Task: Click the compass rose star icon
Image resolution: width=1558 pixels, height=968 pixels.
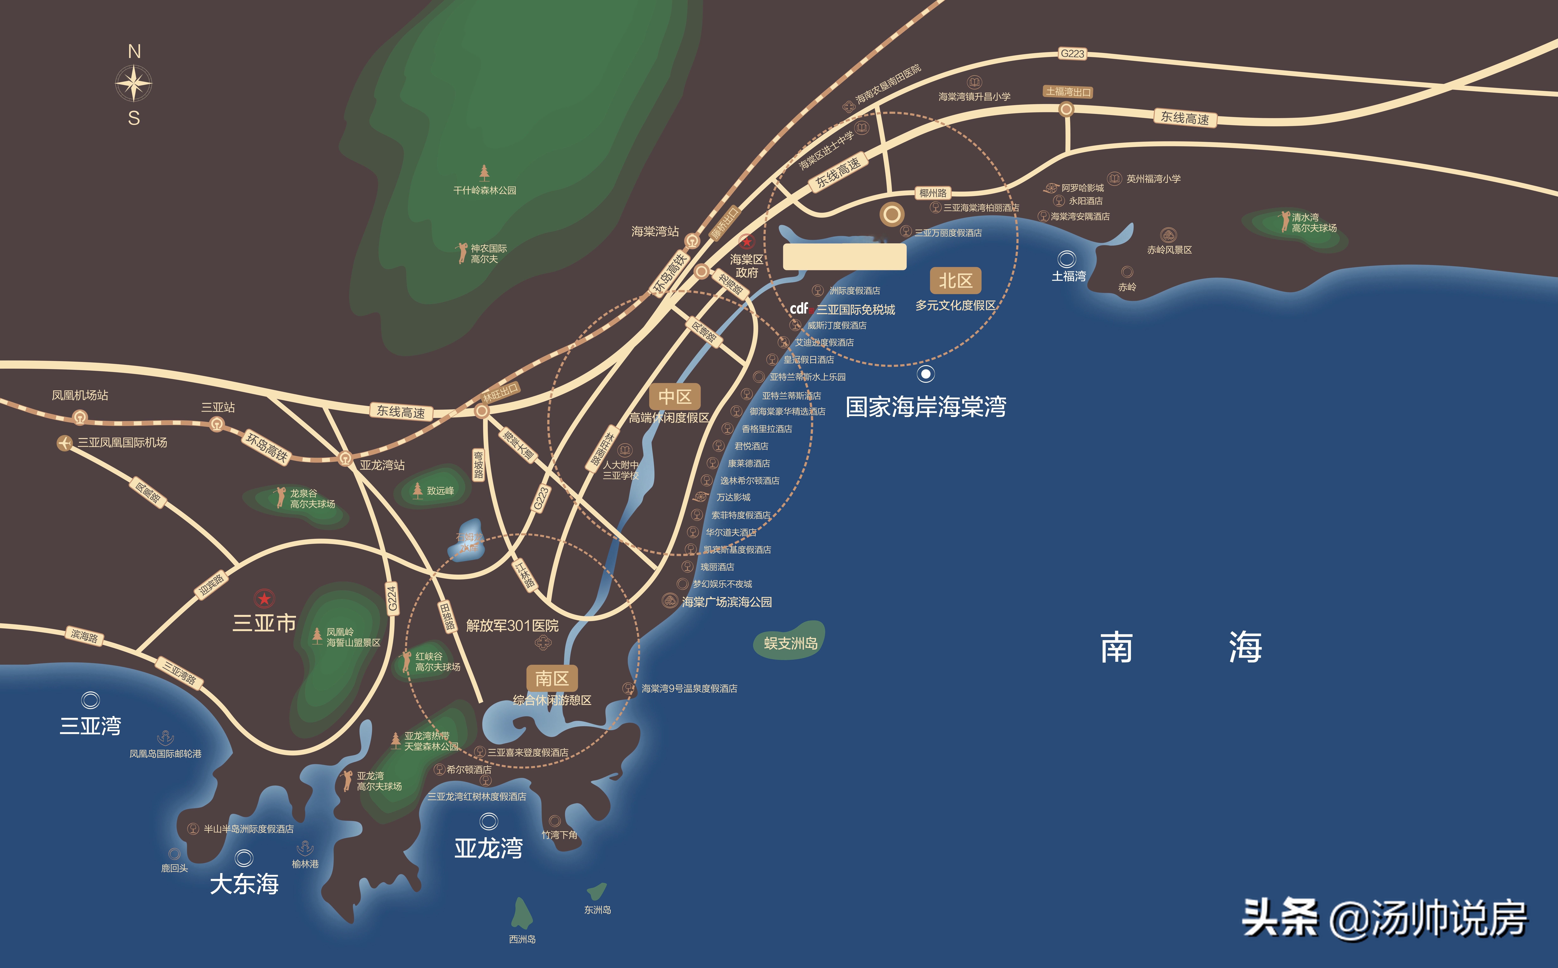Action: (x=134, y=84)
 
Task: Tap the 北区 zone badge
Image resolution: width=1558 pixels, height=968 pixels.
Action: (x=955, y=280)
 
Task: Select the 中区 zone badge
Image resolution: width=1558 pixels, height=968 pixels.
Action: (x=675, y=397)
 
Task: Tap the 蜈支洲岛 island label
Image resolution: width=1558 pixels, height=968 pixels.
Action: (x=790, y=643)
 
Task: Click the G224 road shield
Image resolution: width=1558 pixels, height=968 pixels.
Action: (x=392, y=598)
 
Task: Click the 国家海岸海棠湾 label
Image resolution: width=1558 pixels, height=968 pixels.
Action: (x=926, y=407)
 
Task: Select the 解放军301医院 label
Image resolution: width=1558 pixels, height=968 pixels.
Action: (x=512, y=626)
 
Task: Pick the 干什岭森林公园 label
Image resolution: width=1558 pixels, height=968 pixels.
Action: (x=485, y=190)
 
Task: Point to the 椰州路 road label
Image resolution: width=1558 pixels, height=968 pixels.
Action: (x=933, y=193)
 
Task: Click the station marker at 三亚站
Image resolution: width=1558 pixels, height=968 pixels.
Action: (x=217, y=424)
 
